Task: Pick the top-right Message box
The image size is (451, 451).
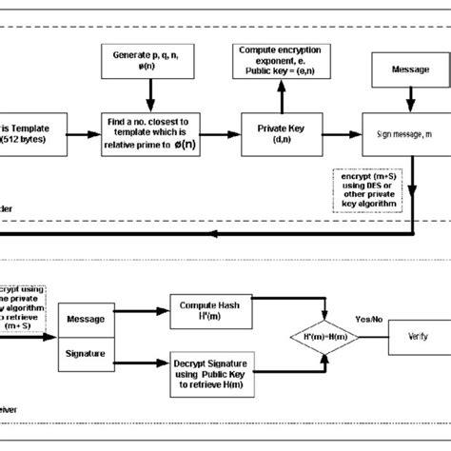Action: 409,71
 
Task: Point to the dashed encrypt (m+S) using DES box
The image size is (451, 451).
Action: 369,188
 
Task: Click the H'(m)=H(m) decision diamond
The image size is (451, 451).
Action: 324,338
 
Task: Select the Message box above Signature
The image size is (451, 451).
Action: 86,319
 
